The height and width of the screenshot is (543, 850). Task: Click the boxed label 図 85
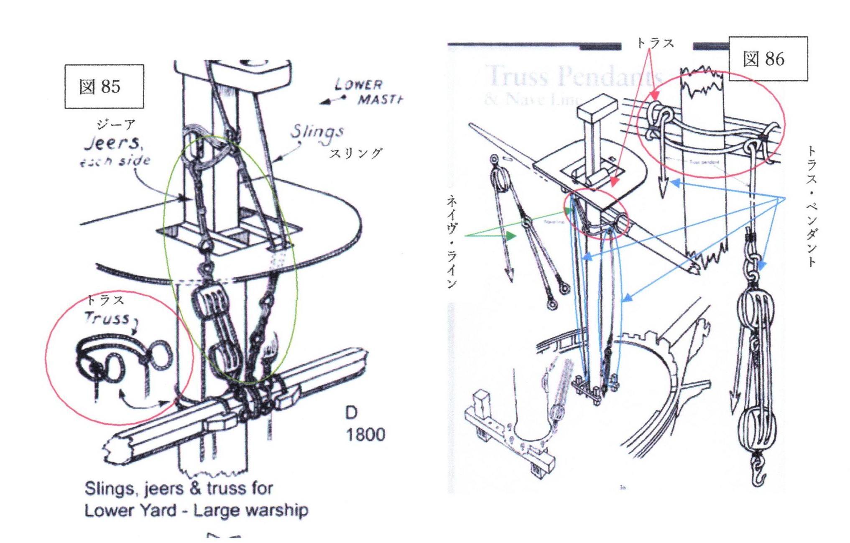click(104, 87)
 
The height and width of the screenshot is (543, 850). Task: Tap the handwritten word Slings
click(317, 132)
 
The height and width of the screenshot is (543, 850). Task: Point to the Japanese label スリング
click(355, 153)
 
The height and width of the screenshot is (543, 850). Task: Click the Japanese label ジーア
click(116, 124)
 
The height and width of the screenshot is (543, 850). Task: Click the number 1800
click(365, 435)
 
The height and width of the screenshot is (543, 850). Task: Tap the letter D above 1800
click(351, 413)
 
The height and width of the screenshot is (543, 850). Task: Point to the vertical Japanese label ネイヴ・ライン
click(452, 242)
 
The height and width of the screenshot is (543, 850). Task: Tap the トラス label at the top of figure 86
click(655, 43)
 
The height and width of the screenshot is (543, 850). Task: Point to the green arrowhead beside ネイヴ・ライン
click(511, 236)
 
